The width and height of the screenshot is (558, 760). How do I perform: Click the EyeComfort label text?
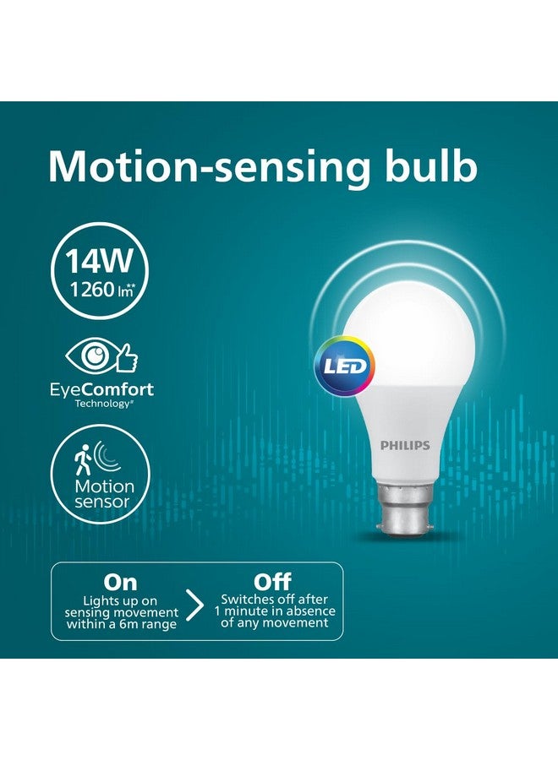click(x=101, y=390)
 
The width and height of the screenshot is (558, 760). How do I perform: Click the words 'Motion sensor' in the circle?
click(x=104, y=494)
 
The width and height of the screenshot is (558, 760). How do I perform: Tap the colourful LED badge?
click(x=345, y=366)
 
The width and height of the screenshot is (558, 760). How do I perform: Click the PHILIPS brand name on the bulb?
click(x=404, y=445)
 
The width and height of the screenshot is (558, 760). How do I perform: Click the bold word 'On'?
click(x=120, y=582)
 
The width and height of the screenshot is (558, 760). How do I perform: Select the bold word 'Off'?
click(x=273, y=582)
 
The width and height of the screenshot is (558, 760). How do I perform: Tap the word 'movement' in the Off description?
click(x=295, y=623)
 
